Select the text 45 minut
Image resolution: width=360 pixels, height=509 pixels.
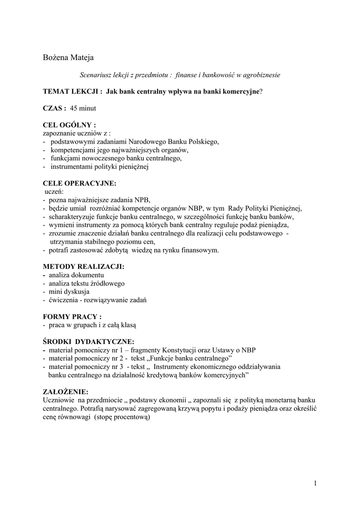click(83, 108)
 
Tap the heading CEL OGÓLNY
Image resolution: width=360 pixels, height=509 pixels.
click(69, 125)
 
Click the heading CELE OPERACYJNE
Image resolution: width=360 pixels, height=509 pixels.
click(80, 183)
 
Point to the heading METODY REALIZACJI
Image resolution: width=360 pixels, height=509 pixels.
click(84, 267)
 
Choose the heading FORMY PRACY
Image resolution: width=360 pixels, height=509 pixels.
click(72, 317)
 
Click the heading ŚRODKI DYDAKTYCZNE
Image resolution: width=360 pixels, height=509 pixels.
click(89, 342)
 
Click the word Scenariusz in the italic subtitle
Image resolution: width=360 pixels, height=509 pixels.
click(96, 75)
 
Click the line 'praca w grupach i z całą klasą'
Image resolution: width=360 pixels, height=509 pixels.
click(92, 325)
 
